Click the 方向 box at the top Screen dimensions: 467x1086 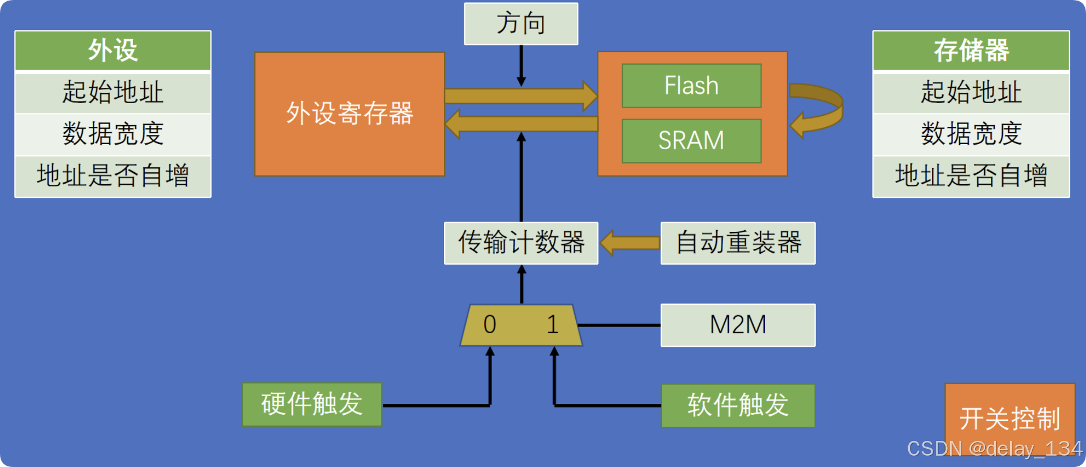pyautogui.click(x=521, y=24)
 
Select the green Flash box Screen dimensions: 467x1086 pyautogui.click(x=691, y=86)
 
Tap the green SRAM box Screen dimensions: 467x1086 pyautogui.click(x=691, y=141)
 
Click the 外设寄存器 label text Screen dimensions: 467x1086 pyautogui.click(x=349, y=113)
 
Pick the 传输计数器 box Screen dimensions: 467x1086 pyautogui.click(x=521, y=243)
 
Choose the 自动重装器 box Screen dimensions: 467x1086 pyautogui.click(x=738, y=243)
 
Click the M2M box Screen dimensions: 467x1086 pyautogui.click(x=738, y=325)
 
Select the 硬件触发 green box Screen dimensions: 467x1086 pyautogui.click(x=312, y=404)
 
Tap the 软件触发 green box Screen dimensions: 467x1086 pyautogui.click(x=738, y=405)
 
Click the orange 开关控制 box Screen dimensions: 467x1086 pyautogui.click(x=1010, y=418)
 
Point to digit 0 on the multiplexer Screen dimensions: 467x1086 pyautogui.click(x=490, y=325)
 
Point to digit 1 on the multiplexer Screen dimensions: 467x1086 pyautogui.click(x=553, y=325)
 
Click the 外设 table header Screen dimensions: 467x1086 pyautogui.click(x=113, y=50)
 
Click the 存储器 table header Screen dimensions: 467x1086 pyautogui.click(x=971, y=50)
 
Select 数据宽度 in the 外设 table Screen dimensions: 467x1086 pyautogui.click(x=113, y=134)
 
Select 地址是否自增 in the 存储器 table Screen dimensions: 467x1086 pyautogui.click(x=971, y=176)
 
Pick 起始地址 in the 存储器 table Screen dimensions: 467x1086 pyautogui.click(x=971, y=92)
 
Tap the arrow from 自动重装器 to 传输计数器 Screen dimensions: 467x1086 pyautogui.click(x=630, y=243)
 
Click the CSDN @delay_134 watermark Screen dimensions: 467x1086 pyautogui.click(x=994, y=449)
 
